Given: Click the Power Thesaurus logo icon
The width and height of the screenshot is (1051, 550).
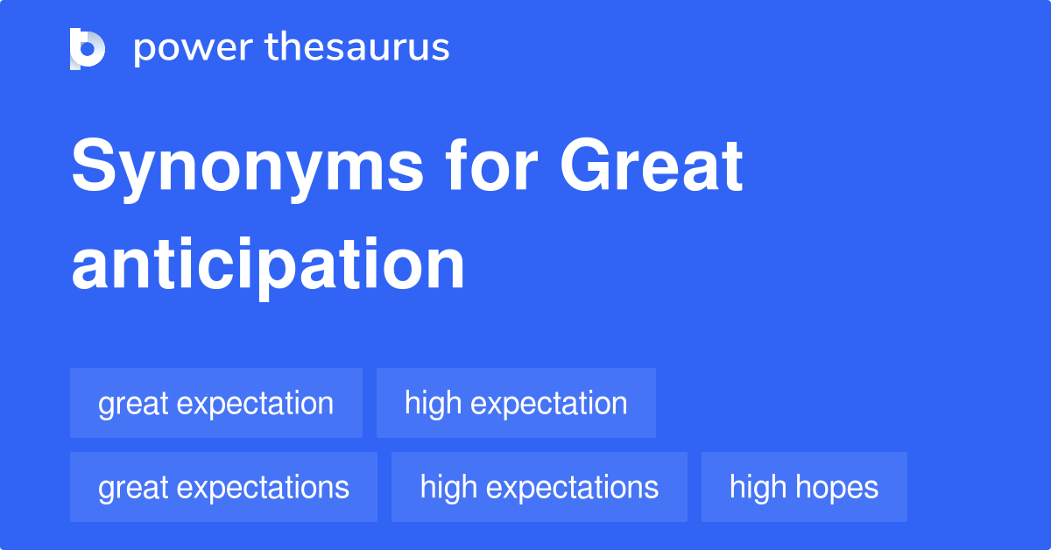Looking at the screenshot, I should pyautogui.click(x=88, y=48).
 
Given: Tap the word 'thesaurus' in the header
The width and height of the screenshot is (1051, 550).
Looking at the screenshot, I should pyautogui.click(x=357, y=48).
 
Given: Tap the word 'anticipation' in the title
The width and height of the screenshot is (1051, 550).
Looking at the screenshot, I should pyautogui.click(x=268, y=264).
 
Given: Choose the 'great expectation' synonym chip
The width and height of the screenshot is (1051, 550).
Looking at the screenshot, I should pyautogui.click(x=215, y=403).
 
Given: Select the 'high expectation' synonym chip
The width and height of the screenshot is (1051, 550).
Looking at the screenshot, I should pyautogui.click(x=516, y=403).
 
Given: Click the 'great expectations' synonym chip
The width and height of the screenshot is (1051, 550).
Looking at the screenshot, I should pyautogui.click(x=223, y=487).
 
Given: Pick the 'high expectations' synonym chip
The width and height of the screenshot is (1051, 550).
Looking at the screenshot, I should pyautogui.click(x=539, y=487).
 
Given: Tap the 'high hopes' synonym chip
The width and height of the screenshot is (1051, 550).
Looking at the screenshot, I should pyautogui.click(x=803, y=487).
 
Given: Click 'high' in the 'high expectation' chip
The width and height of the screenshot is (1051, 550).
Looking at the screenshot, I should pyautogui.click(x=433, y=403).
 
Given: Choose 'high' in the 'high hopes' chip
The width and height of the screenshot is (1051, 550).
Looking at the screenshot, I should pyautogui.click(x=758, y=487).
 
